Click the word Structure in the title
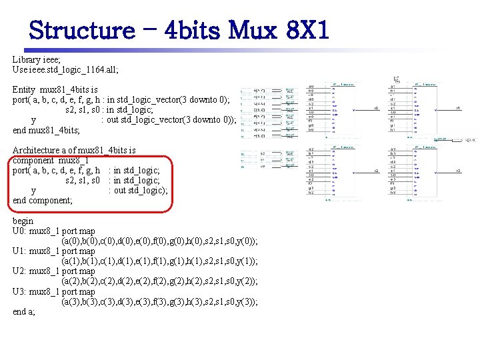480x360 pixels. [x=82, y=31]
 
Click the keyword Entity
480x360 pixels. [x=24, y=89]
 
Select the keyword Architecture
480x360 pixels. [x=38, y=151]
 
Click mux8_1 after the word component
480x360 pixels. [x=73, y=161]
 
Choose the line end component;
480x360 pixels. [x=43, y=201]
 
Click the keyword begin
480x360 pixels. [x=23, y=221]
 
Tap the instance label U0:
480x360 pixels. [x=19, y=231]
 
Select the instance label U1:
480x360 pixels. [x=19, y=251]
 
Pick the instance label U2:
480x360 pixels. [x=19, y=271]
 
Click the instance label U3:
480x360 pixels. [x=19, y=291]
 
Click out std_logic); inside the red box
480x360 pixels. [x=143, y=191]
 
